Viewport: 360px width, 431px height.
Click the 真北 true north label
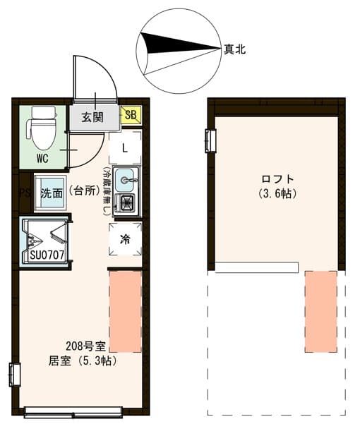click(x=234, y=49)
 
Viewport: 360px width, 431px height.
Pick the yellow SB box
click(x=131, y=115)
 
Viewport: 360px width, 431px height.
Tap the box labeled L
click(x=125, y=148)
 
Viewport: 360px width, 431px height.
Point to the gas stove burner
click(x=127, y=204)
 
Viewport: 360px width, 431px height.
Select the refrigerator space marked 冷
click(x=125, y=239)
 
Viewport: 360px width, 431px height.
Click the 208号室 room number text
click(x=85, y=346)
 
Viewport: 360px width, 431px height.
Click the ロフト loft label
click(x=277, y=178)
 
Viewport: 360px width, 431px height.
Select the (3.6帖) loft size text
click(x=277, y=193)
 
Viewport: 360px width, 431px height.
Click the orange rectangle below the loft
click(x=320, y=310)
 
